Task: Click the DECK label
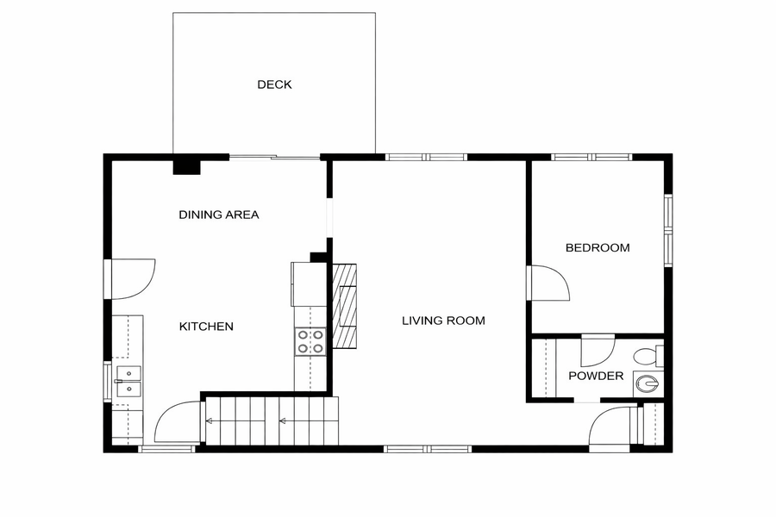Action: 274,84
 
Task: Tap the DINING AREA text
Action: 219,215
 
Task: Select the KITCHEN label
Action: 206,327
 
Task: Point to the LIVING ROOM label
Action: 443,321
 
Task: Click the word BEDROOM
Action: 598,247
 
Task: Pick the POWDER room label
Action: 596,376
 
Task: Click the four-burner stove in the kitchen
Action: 310,342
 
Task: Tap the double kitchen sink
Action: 128,382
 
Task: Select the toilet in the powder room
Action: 648,356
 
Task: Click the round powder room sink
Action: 648,383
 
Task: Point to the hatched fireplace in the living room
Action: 344,306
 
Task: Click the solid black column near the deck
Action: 186,165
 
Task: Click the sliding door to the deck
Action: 275,158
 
